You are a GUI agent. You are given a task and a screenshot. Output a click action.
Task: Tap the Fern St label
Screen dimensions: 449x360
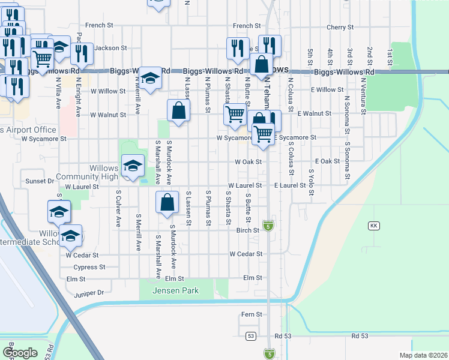pos(252,314)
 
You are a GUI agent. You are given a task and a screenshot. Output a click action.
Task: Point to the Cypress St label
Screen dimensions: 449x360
pos(89,267)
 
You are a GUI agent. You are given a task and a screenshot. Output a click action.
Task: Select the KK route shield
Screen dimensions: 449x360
pos(373,226)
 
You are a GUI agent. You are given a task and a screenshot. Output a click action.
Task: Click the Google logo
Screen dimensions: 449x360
pos(20,352)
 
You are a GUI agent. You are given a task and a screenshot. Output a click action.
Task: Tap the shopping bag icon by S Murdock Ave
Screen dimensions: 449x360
pos(167,203)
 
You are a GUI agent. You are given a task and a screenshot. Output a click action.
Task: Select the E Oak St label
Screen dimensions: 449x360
pos(327,161)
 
